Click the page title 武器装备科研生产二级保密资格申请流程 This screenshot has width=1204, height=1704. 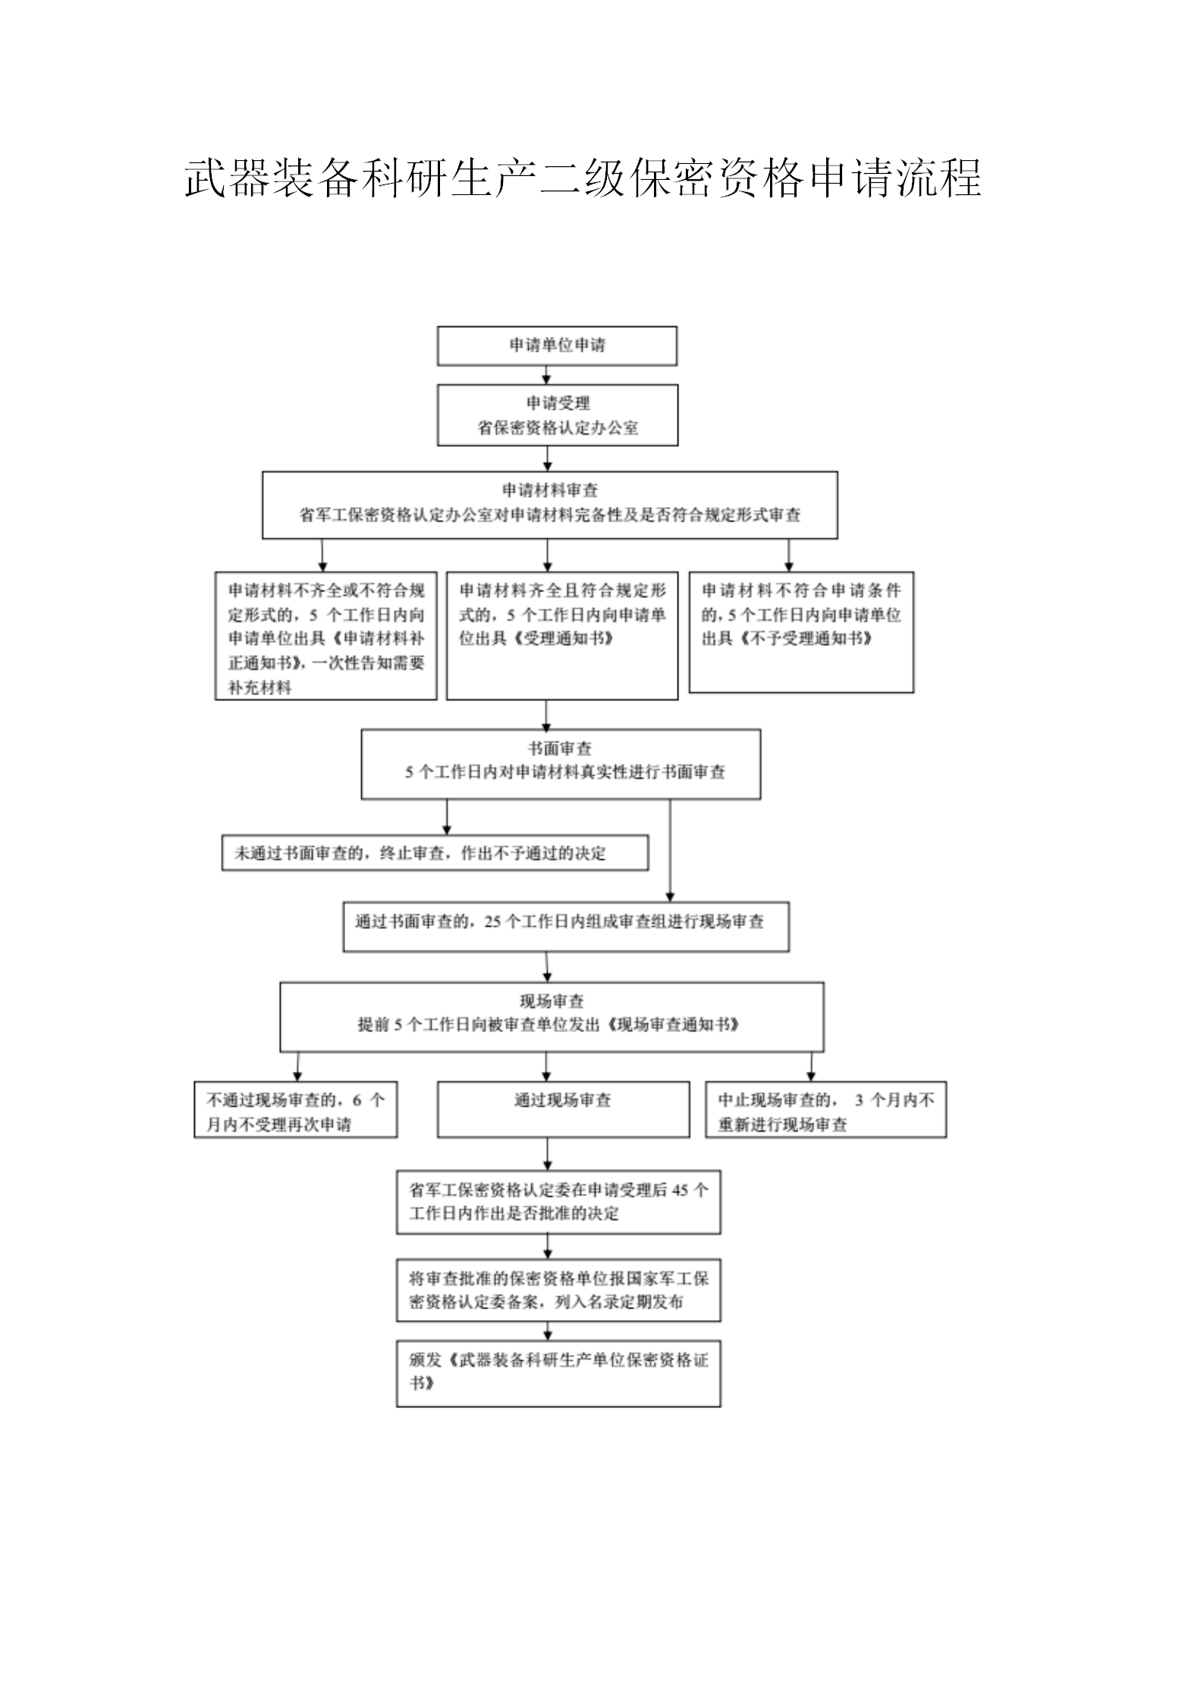tap(583, 178)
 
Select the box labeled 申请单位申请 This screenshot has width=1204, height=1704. tap(557, 346)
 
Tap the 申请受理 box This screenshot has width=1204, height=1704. tap(558, 415)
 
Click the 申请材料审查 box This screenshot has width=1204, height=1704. tap(550, 505)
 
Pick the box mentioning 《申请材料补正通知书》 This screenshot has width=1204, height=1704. tap(326, 636)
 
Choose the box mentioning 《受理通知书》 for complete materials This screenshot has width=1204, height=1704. tap(562, 636)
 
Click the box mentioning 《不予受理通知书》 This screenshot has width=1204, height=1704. tap(801, 632)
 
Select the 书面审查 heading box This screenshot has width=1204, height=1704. tap(561, 764)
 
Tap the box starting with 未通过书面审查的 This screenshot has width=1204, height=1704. tap(435, 853)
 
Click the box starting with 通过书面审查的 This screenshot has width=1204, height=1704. tap(566, 927)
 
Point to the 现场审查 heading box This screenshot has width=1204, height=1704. tap(552, 1017)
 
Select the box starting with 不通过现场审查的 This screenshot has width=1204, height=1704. tap(296, 1110)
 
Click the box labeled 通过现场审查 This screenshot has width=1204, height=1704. tap(564, 1110)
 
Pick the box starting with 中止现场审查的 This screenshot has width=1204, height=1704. tap(826, 1110)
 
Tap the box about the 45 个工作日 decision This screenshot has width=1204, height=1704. tap(558, 1202)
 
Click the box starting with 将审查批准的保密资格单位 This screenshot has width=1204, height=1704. tap(558, 1290)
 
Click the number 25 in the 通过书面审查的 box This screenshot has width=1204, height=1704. tap(492, 922)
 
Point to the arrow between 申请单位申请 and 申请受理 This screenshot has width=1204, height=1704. tap(547, 375)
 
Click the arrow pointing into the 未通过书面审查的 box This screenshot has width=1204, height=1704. tap(447, 817)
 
